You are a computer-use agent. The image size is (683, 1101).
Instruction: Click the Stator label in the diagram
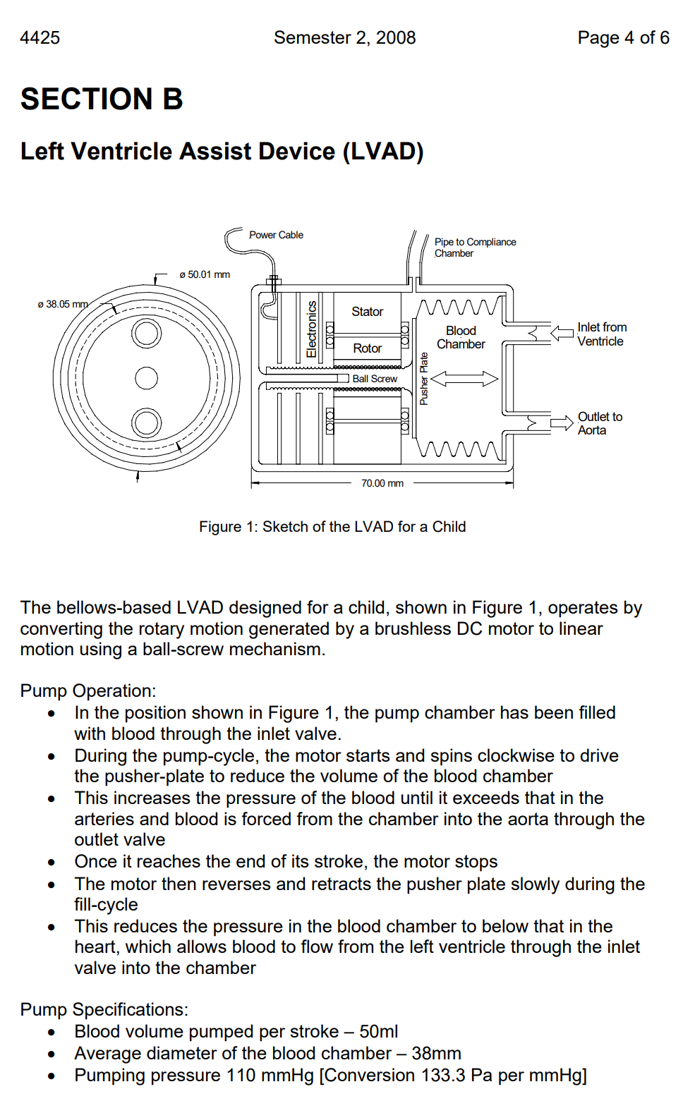[x=367, y=312]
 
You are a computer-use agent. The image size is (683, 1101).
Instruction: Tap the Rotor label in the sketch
[x=367, y=348]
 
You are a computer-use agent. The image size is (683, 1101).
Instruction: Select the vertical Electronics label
[x=312, y=329]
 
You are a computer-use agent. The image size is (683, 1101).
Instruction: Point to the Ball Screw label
[x=375, y=379]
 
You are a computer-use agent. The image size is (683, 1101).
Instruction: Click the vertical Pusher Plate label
[x=423, y=379]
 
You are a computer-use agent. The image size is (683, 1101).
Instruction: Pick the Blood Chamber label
[x=461, y=337]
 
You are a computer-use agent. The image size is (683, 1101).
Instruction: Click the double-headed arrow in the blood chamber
[x=464, y=379]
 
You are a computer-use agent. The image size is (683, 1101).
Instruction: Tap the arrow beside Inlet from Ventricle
[x=562, y=333]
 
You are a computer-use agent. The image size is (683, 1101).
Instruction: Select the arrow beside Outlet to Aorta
[x=562, y=422]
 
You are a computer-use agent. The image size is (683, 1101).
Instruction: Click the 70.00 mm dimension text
[x=382, y=483]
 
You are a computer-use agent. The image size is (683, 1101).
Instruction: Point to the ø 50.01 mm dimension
[x=205, y=274]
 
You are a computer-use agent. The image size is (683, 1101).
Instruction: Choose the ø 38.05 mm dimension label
[x=63, y=304]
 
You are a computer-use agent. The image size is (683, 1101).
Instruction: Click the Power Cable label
[x=276, y=235]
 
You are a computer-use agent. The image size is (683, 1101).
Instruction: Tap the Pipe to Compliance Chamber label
[x=475, y=248]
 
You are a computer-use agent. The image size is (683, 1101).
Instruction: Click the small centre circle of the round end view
[x=147, y=378]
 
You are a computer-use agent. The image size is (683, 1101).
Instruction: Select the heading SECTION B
[x=102, y=99]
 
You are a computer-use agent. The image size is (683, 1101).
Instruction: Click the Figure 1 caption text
[x=332, y=527]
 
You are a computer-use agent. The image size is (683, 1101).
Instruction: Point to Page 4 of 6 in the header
[x=623, y=38]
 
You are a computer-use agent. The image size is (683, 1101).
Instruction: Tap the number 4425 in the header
[x=40, y=38]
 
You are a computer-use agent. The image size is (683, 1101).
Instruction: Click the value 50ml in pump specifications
[x=379, y=1032]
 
